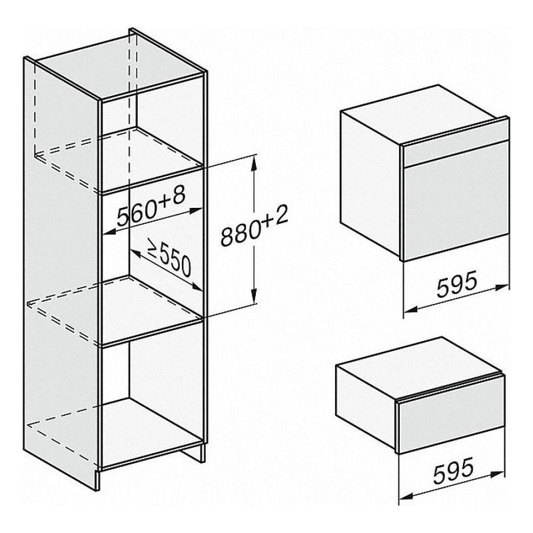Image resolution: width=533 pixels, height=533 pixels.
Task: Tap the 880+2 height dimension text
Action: (255, 226)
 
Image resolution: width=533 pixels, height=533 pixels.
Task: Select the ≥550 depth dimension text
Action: (169, 257)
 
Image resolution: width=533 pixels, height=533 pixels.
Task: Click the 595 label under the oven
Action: (457, 285)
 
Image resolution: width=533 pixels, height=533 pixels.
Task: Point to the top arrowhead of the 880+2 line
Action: (254, 163)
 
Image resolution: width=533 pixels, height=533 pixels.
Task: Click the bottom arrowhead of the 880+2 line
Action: (254, 296)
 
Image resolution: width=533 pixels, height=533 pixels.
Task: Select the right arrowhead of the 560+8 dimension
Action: (197, 211)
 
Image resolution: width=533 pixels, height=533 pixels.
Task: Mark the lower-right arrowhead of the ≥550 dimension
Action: (197, 286)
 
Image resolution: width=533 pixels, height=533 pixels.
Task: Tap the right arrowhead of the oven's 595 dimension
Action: (502, 288)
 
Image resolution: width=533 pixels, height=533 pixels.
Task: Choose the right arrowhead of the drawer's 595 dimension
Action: (498, 474)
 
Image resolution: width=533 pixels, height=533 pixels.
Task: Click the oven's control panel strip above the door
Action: (456, 146)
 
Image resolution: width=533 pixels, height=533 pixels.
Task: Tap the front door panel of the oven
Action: (456, 202)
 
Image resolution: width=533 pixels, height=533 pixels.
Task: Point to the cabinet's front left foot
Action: (97, 479)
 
